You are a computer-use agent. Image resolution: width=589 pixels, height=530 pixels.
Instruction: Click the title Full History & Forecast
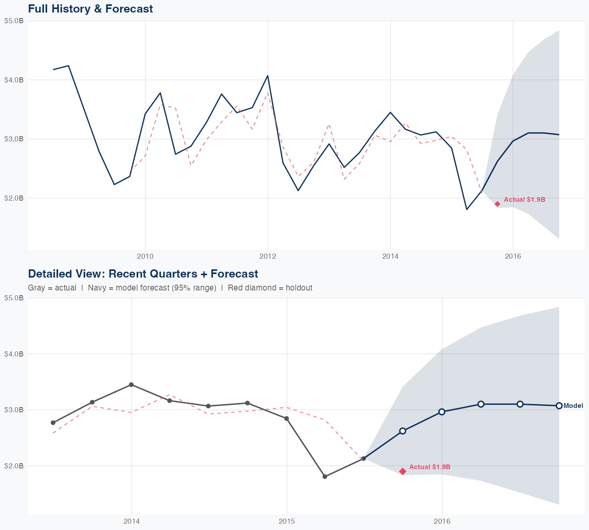click(x=90, y=9)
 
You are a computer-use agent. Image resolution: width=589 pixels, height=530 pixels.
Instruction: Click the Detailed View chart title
click(x=143, y=274)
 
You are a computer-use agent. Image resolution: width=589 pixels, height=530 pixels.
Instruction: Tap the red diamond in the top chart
click(x=497, y=204)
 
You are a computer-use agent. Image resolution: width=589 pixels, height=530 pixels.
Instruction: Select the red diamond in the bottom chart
click(x=402, y=471)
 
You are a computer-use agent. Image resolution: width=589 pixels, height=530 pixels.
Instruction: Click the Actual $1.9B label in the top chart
click(x=524, y=199)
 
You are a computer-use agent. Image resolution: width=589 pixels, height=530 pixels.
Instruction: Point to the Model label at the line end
click(x=573, y=406)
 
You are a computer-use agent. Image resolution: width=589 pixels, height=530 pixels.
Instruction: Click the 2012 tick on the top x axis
click(x=268, y=256)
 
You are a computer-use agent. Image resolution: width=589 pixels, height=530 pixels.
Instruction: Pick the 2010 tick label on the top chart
click(x=145, y=256)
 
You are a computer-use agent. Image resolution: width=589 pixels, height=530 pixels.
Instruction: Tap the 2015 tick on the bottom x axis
click(x=287, y=521)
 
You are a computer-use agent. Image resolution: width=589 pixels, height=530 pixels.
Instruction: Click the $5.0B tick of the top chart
click(x=14, y=21)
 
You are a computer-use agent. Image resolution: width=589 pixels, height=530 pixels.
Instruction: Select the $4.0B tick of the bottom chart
click(x=14, y=354)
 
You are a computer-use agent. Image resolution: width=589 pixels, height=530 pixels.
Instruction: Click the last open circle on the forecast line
click(x=559, y=406)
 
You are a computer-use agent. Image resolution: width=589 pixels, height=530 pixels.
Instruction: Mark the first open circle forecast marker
click(x=402, y=431)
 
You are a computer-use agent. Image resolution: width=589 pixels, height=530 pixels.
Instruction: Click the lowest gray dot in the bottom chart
click(x=325, y=477)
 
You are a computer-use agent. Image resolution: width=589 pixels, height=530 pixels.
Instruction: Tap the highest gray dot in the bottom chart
click(x=131, y=385)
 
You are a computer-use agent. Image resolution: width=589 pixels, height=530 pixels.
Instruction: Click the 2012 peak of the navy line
click(x=268, y=75)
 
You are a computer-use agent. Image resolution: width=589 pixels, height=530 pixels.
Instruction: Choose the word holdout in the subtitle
click(x=299, y=288)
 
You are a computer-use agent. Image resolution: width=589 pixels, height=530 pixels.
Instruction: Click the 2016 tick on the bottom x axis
click(x=442, y=521)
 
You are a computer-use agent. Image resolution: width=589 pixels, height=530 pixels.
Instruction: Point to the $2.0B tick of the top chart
click(x=14, y=198)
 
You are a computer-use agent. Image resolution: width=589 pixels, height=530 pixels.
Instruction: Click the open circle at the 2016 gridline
click(x=442, y=412)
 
